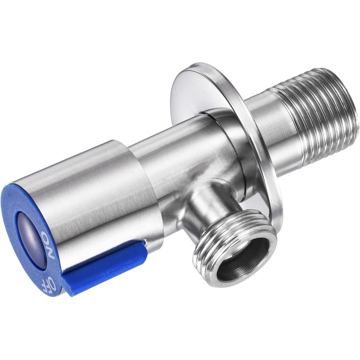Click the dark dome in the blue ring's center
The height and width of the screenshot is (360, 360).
tap(31, 239)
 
